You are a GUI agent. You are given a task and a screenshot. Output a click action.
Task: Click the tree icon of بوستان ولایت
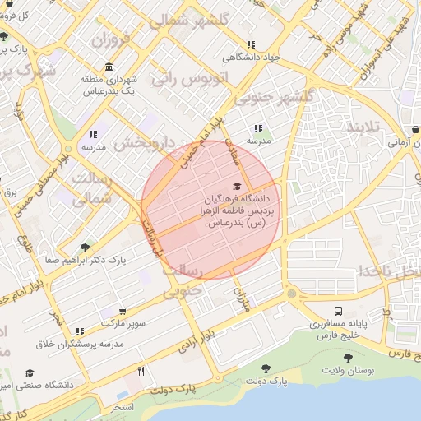pos(348,358)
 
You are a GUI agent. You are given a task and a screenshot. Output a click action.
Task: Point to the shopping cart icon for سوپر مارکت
pos(123,312)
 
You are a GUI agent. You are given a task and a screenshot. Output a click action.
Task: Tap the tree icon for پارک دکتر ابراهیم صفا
pos(85,247)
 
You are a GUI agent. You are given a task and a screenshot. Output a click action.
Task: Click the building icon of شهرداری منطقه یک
pos(109,67)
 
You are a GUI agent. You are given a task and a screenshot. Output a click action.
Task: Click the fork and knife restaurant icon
pos(141,371)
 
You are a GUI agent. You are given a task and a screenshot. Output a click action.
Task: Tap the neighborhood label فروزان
pos(111,39)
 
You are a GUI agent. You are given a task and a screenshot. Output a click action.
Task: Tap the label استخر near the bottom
pos(121,407)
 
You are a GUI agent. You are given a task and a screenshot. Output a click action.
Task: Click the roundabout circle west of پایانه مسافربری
pos(291,294)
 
